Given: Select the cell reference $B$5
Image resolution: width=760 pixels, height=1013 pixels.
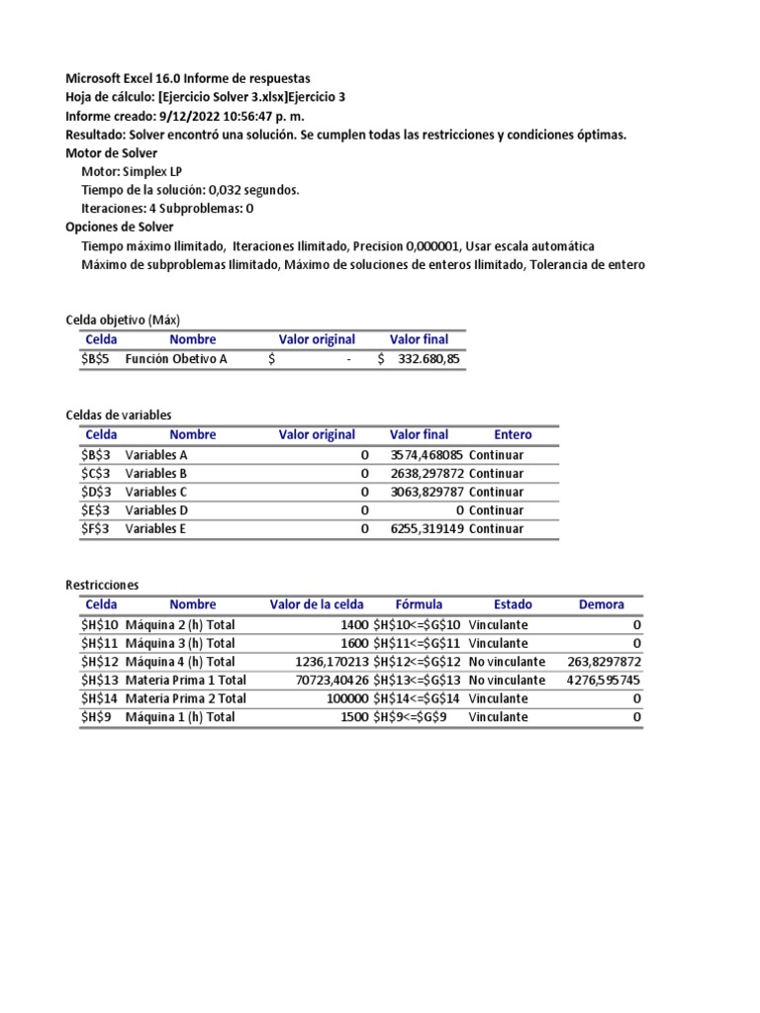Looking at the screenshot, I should pyautogui.click(x=100, y=359).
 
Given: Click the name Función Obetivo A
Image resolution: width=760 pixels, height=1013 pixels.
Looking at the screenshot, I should pyautogui.click(x=176, y=359).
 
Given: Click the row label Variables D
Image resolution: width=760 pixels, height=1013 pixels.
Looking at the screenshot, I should pyautogui.click(x=156, y=510).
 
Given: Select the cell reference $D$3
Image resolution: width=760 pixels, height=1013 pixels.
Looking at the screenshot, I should pyautogui.click(x=100, y=492).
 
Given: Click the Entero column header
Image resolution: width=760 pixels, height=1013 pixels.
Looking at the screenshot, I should pyautogui.click(x=513, y=434).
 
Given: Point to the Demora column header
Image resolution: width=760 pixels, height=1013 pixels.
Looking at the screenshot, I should pyautogui.click(x=602, y=604).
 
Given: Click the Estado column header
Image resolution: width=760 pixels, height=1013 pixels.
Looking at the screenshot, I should pyautogui.click(x=513, y=604).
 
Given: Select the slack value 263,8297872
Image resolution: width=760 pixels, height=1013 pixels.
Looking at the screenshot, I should pyautogui.click(x=605, y=662).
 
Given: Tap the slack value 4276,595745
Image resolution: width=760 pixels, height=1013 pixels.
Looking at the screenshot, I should pyautogui.click(x=604, y=681).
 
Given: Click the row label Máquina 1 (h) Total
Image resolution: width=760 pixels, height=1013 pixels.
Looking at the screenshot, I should pyautogui.click(x=180, y=717).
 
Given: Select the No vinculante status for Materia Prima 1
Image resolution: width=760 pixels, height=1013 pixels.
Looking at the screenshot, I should pyautogui.click(x=507, y=681).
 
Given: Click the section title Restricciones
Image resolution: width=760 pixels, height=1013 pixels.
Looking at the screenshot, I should pyautogui.click(x=102, y=585).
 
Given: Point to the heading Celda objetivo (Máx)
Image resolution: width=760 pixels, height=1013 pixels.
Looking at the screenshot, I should pyautogui.click(x=123, y=319).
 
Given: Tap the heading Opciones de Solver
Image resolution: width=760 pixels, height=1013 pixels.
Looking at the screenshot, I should pyautogui.click(x=119, y=227).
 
